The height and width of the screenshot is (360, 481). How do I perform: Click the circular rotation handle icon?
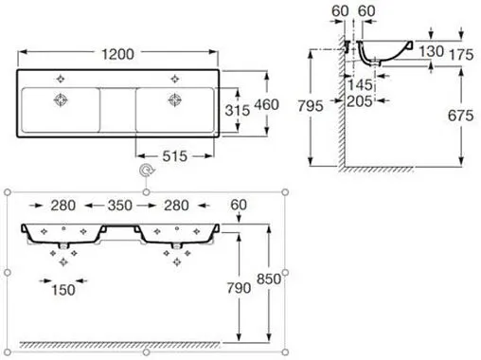145,171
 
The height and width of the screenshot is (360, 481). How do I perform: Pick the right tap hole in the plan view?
174,76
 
